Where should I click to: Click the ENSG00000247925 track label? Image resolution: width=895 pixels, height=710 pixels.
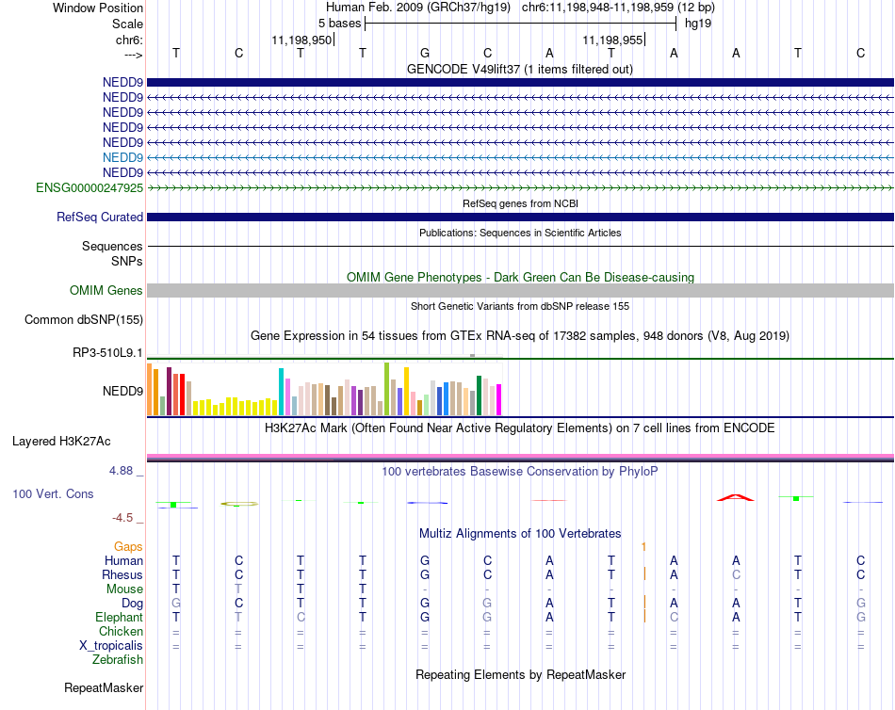pos(89,187)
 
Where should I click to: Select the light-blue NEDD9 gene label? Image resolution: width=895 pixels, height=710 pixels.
pos(122,157)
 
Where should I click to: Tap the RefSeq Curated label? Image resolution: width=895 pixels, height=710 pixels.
pos(100,217)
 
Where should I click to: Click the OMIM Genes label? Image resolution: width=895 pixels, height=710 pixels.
pos(106,291)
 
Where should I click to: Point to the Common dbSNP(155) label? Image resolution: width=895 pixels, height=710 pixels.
pos(84,319)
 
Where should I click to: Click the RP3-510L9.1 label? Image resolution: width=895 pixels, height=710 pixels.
pos(107,353)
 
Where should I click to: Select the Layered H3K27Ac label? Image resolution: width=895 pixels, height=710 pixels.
pos(61,442)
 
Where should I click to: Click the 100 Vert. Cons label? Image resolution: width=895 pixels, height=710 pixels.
pos(53,493)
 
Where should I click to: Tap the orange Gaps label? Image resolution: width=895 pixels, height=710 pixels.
pos(128,547)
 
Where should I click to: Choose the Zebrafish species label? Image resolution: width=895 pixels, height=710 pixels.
pos(118,660)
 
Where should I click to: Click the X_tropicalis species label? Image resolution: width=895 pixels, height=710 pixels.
pos(111,646)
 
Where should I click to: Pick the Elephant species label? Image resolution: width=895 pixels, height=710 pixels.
pos(120,618)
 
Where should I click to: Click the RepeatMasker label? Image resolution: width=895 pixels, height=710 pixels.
pos(104,687)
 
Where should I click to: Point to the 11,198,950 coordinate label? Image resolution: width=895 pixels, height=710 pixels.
pos(301,40)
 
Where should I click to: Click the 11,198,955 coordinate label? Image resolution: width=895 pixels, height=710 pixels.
pos(612,40)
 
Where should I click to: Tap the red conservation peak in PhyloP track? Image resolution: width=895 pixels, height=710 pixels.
pos(736,498)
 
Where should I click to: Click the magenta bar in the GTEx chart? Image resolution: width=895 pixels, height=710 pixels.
pos(499,399)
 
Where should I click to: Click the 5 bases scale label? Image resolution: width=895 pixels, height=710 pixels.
pos(339,24)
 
